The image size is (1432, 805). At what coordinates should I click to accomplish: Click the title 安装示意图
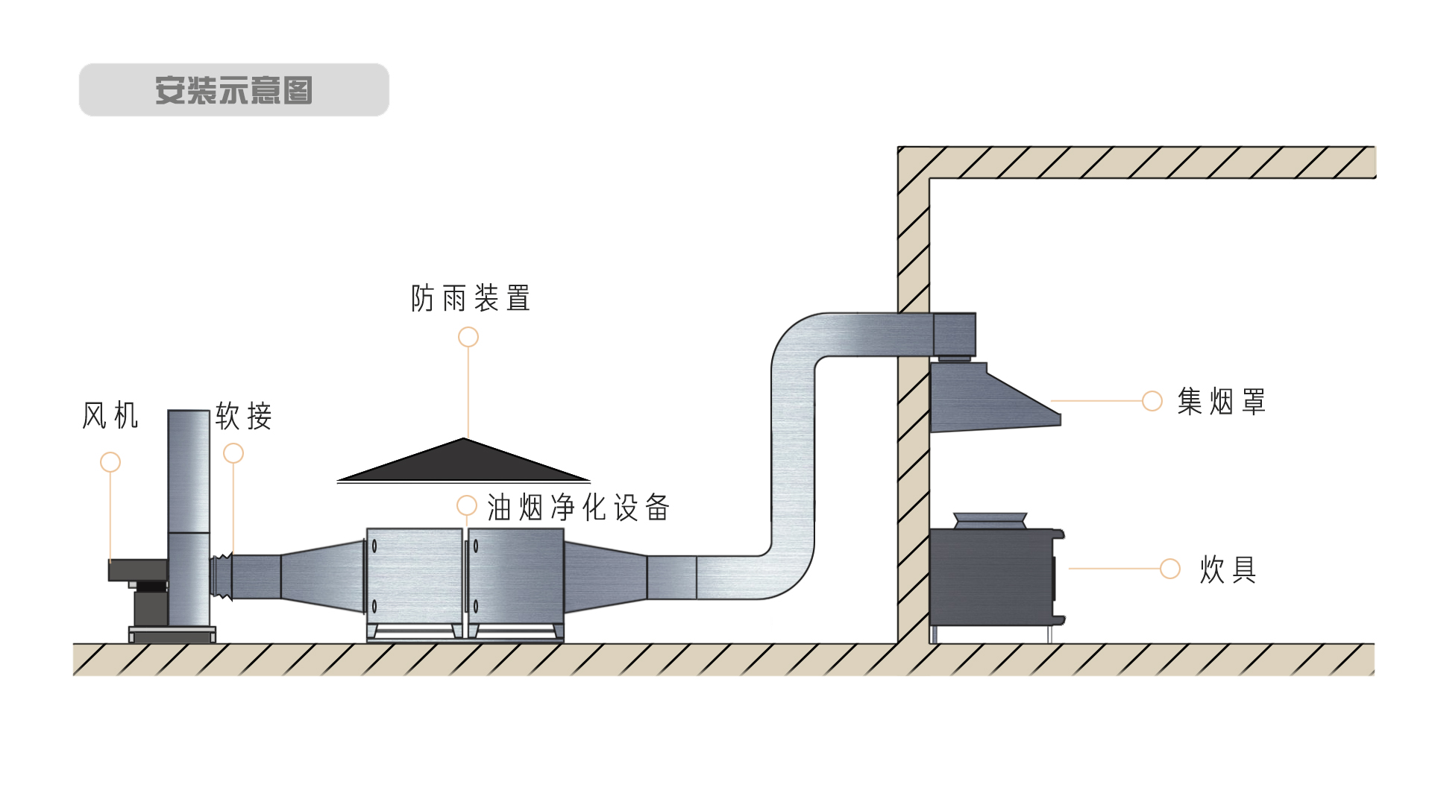[233, 90]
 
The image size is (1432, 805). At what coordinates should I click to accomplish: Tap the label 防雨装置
[470, 298]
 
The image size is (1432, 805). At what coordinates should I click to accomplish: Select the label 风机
[110, 416]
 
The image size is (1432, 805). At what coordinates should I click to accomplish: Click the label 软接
[243, 416]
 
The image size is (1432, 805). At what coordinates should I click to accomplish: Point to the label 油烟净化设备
[578, 508]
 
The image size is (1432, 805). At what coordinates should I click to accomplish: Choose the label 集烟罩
[1221, 402]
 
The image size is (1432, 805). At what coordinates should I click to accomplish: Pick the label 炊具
[1228, 569]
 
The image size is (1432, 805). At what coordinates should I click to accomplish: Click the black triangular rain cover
[463, 462]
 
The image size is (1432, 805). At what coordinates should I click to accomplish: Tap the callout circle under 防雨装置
[468, 337]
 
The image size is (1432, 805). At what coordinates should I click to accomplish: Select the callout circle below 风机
[110, 462]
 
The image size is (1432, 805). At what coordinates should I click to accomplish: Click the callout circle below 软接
[233, 452]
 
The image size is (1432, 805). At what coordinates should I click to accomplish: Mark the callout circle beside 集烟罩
[1152, 401]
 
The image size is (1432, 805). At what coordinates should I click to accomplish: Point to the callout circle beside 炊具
[1170, 569]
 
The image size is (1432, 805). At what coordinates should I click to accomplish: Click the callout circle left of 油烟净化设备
[467, 506]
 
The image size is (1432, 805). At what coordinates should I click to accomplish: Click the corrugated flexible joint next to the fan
[222, 576]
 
